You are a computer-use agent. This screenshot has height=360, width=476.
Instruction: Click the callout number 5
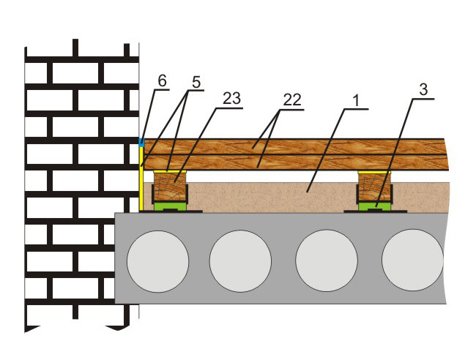(x=194, y=83)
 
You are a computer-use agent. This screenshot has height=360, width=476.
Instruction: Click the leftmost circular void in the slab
(x=157, y=260)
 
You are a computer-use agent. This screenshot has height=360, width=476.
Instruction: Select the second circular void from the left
(x=240, y=260)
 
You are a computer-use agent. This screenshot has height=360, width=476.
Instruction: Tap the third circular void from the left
(x=327, y=260)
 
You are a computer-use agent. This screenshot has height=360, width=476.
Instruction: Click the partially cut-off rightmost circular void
(x=412, y=260)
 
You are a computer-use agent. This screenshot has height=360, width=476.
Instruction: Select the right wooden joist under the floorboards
(x=373, y=192)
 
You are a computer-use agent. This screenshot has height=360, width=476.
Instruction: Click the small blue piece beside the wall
(x=141, y=141)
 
